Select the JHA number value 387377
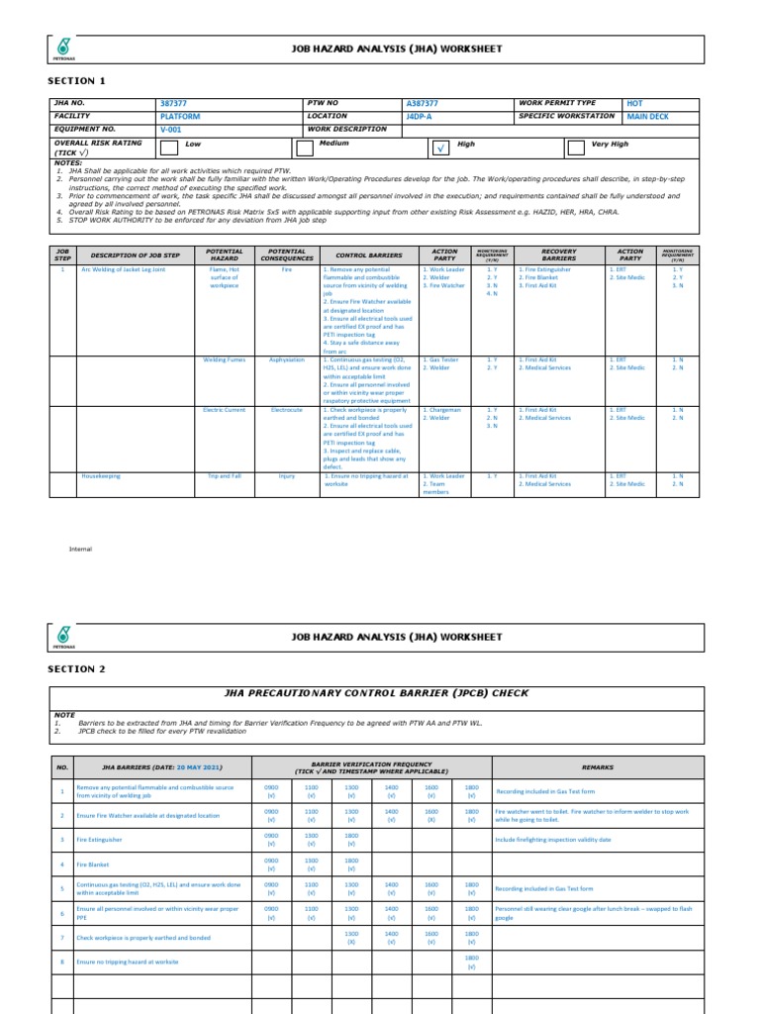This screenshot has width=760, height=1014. pos(172,104)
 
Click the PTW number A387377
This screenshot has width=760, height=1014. pos(423,104)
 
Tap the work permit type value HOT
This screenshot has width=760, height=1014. pos(634,103)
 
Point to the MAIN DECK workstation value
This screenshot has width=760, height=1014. pos(647,116)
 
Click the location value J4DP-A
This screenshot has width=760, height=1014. pos(420,116)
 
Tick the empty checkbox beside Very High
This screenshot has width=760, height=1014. pos(576,148)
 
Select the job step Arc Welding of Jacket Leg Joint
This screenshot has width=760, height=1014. pos(124,269)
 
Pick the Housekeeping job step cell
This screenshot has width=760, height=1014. pos(101,476)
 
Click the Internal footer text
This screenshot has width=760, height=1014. pos(80,549)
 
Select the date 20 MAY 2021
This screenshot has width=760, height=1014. pos(199,767)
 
